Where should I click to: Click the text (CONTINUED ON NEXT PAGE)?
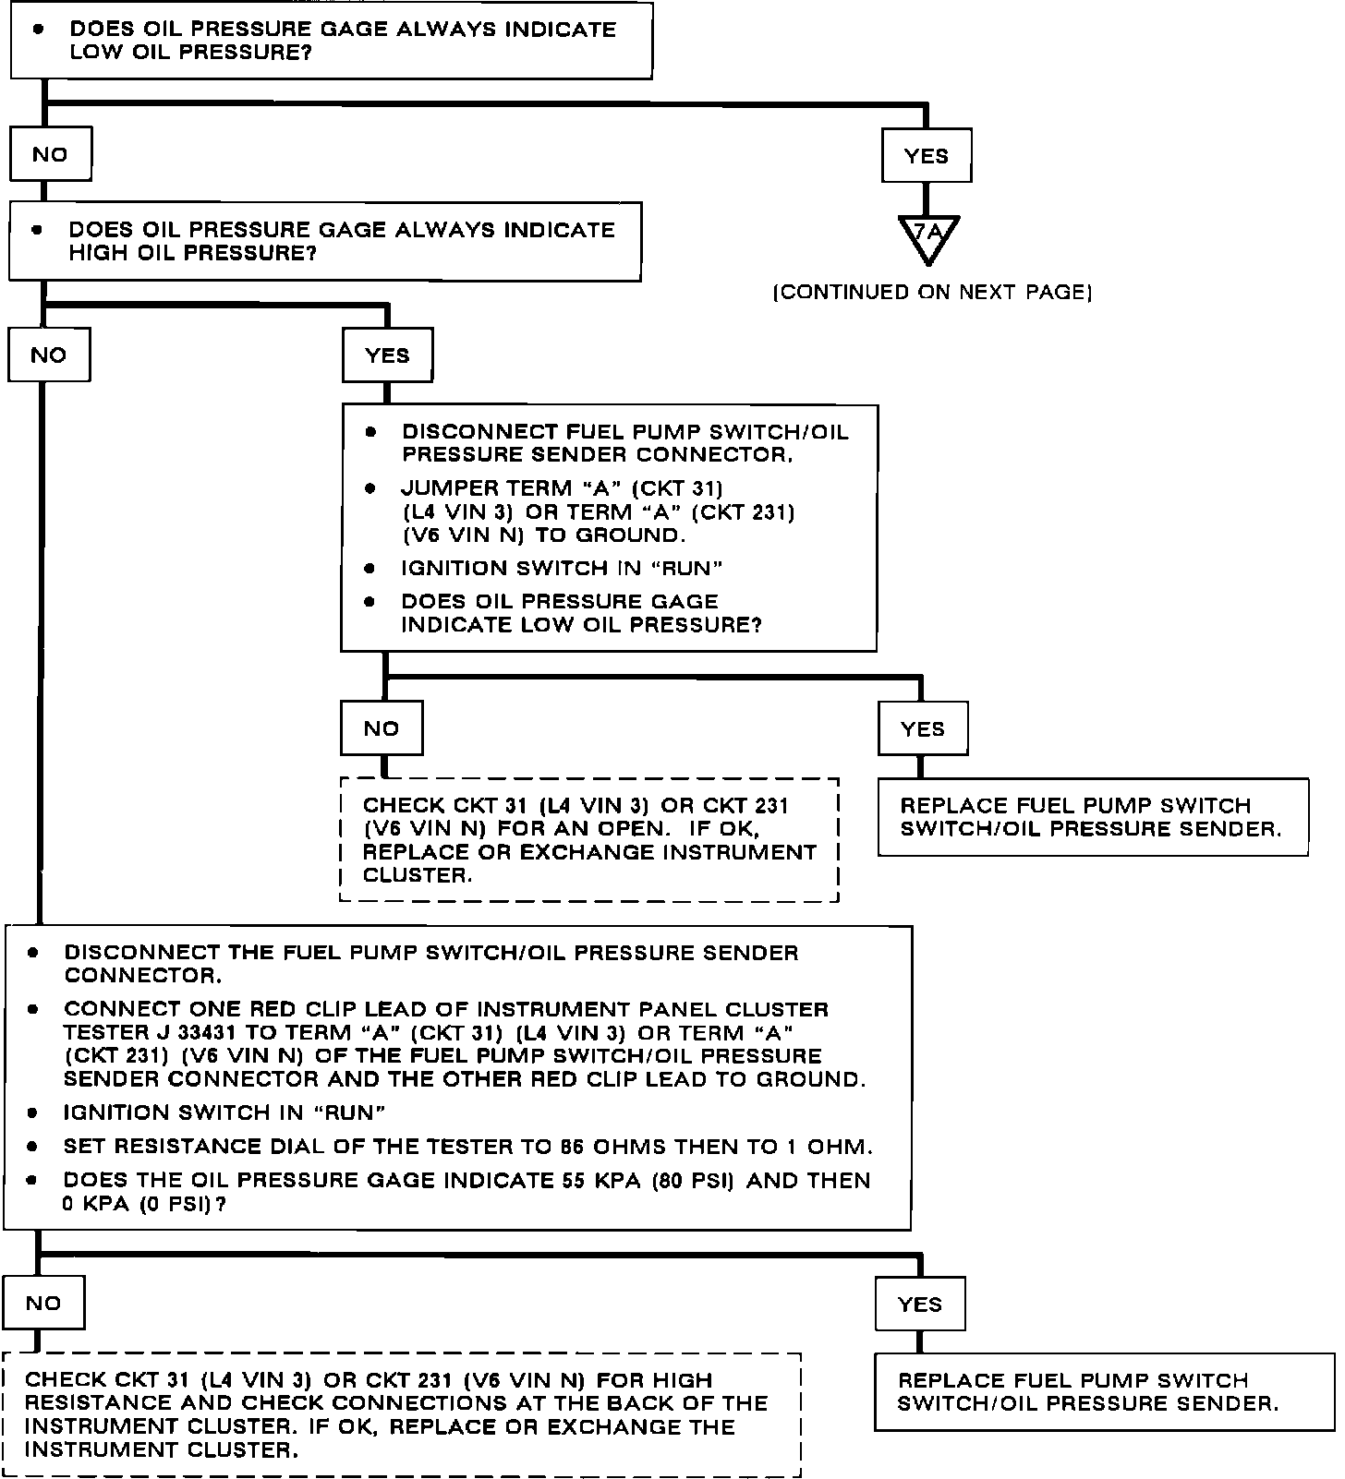932,293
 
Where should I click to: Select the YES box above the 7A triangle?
927,156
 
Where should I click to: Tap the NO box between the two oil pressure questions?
50,154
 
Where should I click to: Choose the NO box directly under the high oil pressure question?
49,355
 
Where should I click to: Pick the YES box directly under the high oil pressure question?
387,355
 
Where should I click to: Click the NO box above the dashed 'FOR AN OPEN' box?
382,728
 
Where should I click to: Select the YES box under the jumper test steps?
923,728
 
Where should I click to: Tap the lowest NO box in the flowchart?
43,1303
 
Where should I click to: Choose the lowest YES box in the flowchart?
920,1304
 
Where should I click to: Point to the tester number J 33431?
190,1033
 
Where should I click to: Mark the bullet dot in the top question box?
38,29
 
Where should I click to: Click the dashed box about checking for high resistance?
402,1414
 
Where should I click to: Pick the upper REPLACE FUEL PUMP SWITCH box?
1093,817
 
